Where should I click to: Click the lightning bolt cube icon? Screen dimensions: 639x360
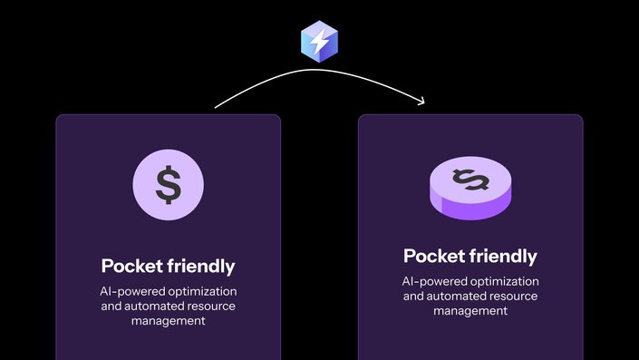(319, 43)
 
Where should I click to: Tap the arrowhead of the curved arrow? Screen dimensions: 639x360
(421, 101)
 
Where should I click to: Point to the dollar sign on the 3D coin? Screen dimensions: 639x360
(470, 180)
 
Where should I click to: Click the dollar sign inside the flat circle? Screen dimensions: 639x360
(168, 184)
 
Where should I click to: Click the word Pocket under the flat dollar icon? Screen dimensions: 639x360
(132, 267)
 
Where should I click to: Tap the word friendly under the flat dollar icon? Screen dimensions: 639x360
(200, 267)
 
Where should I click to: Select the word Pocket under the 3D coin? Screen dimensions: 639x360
(435, 256)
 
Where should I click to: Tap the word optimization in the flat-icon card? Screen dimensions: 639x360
(203, 292)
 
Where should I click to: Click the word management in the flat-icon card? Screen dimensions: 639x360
(168, 321)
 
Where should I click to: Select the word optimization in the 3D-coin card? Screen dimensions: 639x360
(505, 282)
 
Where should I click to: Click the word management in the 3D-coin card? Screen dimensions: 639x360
(470, 311)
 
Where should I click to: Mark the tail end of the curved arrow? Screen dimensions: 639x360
(216, 108)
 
